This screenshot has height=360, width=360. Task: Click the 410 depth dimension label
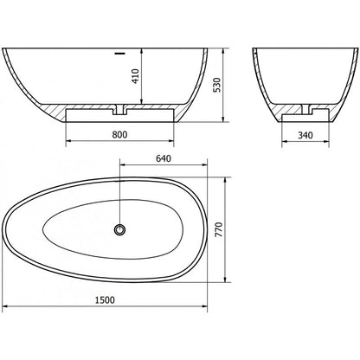[x=135, y=76]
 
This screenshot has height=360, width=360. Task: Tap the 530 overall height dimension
[x=216, y=85]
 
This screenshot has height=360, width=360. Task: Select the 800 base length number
[x=119, y=134]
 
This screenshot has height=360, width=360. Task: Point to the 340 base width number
[x=305, y=135]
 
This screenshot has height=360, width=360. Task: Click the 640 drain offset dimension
[x=164, y=158]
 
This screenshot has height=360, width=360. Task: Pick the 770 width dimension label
[x=219, y=229]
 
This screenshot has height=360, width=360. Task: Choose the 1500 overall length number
[x=105, y=300]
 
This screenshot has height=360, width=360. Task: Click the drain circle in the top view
[x=119, y=229]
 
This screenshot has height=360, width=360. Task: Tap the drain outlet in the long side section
[x=119, y=110]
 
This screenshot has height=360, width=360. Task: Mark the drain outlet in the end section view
[x=305, y=109]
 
